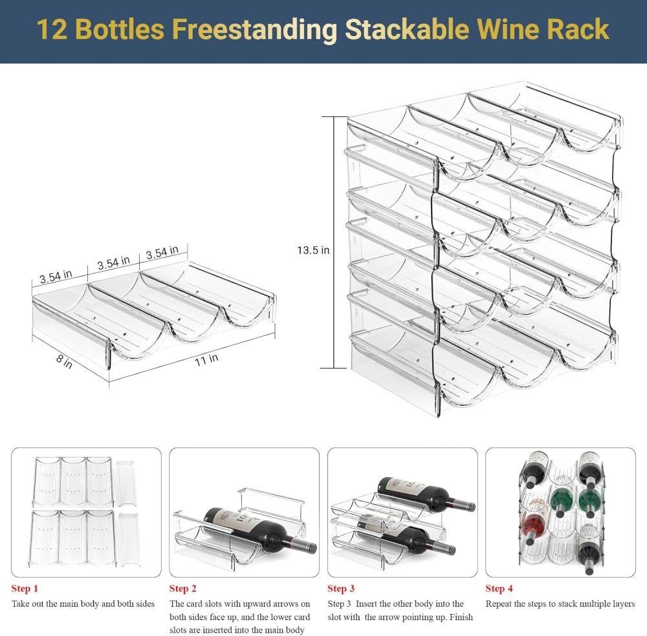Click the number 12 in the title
coord(49,30)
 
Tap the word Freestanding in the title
coord(254,30)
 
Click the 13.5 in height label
coord(313,250)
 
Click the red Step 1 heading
coord(25,588)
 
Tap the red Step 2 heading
coord(183,588)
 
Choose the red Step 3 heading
coord(341,588)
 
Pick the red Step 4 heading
coord(499,588)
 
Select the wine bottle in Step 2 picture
coord(259,530)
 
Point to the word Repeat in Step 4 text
coord(500,604)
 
